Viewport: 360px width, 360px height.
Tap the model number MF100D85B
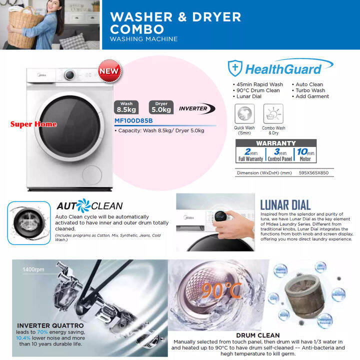pos(133,120)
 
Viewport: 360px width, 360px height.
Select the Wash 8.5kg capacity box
pos(126,107)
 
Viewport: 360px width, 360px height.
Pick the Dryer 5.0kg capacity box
pos(161,107)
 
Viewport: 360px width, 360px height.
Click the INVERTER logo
pos(196,108)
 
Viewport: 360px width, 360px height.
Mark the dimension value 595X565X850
pos(314,173)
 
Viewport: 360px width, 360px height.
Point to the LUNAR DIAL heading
pos(285,204)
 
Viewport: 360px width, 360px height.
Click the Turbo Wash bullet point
pos(311,90)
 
